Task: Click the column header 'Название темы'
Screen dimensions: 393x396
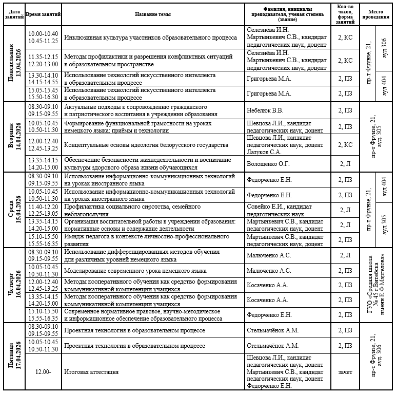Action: [153, 14]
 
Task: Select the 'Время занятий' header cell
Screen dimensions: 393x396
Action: [43, 14]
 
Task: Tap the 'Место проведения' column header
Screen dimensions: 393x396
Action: [375, 14]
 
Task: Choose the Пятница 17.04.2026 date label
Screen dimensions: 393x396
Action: [14, 355]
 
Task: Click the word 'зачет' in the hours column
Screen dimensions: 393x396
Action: [345, 372]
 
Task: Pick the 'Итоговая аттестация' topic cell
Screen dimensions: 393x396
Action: [91, 372]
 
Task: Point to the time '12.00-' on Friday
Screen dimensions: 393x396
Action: [43, 372]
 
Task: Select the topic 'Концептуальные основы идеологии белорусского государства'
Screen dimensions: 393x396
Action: [146, 145]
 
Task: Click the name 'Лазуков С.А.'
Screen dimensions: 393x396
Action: [264, 152]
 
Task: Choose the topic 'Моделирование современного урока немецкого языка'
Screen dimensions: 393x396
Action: [135, 271]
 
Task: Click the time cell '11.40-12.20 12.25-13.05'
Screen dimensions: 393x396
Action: [43, 210]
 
